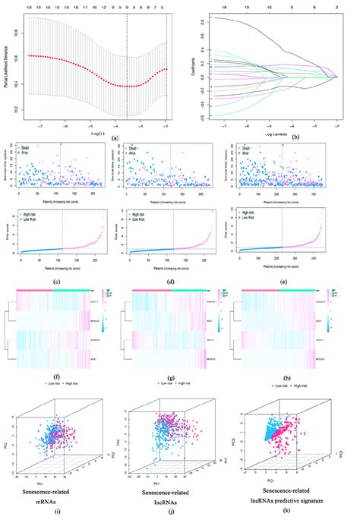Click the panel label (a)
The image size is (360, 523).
pyautogui.click(x=115, y=137)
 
